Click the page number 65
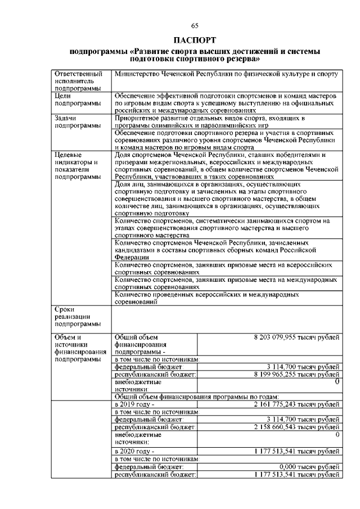[x=195, y=25]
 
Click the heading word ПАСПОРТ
[x=195, y=40]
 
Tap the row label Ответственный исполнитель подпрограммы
[x=78, y=81]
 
